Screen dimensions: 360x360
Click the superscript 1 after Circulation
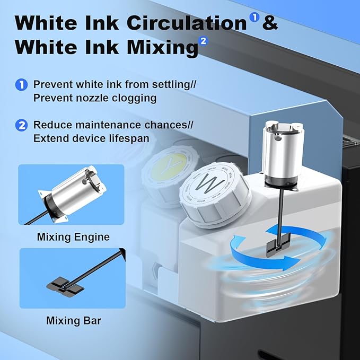(254, 17)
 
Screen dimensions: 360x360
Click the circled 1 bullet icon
(22, 85)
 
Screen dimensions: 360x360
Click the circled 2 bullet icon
(22, 126)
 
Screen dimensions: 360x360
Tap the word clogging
(128, 98)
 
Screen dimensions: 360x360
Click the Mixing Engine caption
(73, 237)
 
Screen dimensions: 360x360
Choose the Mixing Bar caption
(73, 320)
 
